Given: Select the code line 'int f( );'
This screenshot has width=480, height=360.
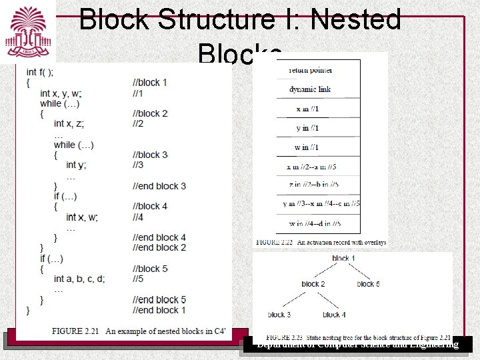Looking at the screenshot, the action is [40, 72].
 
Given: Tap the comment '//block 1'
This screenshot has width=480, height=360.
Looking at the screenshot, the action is [149, 83].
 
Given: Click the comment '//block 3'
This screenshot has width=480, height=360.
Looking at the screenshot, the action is [150, 155].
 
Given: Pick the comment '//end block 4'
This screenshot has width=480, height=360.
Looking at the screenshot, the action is [159, 237].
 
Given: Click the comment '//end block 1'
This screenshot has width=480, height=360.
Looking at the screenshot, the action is [159, 310].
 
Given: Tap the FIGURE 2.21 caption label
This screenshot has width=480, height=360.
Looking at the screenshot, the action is [79, 331].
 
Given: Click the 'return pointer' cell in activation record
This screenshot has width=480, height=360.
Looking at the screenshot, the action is [311, 70].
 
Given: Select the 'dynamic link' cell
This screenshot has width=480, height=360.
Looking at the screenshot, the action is [310, 89].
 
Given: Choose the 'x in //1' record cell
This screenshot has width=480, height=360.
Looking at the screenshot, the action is [307, 109].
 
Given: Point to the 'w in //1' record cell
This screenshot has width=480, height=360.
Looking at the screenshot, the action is [307, 147].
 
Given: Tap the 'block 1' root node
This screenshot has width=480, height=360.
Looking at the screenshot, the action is [343, 258].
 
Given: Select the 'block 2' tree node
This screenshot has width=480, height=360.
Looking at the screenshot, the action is [313, 284].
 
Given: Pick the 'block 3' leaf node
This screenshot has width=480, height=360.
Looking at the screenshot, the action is [279, 315].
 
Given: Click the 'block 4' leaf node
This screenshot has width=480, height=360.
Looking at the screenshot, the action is [334, 315].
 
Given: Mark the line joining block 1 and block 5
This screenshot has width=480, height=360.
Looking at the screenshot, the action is [360, 271].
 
